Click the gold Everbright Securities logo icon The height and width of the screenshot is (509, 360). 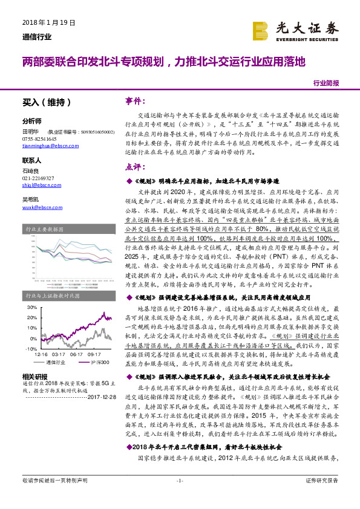(260, 29)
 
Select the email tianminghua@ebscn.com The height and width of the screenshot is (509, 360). (46, 146)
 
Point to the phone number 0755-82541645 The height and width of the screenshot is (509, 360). (38, 138)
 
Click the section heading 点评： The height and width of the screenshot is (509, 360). (136, 166)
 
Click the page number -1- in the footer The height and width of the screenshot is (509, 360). (179, 496)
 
